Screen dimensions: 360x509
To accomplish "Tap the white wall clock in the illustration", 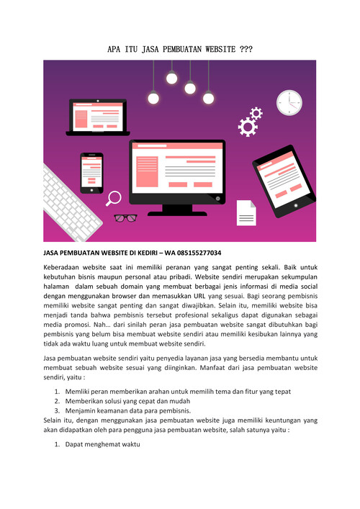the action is [289, 102].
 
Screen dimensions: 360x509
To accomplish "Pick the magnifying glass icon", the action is [114, 198].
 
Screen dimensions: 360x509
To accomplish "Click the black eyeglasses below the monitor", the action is [125, 217].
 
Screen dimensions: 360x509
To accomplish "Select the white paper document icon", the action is [246, 212].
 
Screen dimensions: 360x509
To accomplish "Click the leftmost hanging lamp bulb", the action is [153, 99].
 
